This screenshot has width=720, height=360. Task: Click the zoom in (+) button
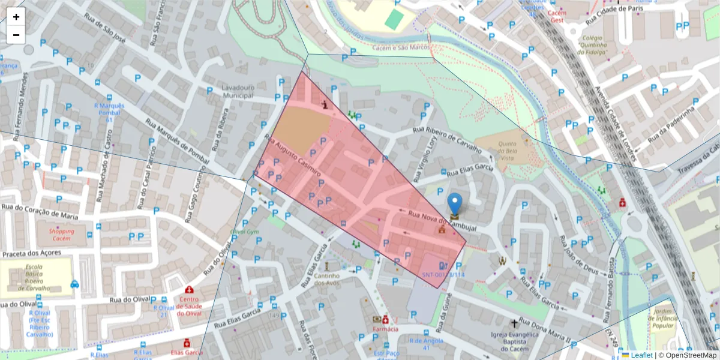tap(16, 17)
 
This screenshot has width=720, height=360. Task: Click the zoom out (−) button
tap(16, 35)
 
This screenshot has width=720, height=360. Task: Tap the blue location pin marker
tap(455, 205)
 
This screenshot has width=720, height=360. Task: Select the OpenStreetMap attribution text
tap(691, 355)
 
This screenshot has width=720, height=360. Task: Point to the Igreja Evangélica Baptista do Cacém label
tap(514, 341)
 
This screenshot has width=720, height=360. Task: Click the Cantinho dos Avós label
tap(328, 280)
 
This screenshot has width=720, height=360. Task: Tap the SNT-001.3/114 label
tap(443, 274)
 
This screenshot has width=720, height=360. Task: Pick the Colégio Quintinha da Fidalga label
tap(593, 45)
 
